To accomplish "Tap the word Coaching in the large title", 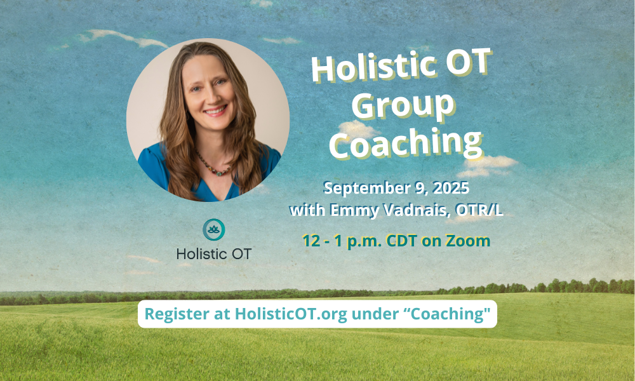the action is point(406,143).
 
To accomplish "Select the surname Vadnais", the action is point(418,210).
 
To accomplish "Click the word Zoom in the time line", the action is point(468,241).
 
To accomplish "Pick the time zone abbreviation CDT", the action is point(401,241).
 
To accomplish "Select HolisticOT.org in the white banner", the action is point(291,314).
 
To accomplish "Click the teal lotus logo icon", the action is point(214,230).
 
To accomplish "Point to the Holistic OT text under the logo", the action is point(214,254).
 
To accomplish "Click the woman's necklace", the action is point(213,166).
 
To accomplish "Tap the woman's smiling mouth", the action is point(215,110).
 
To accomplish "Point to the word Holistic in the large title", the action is point(373,67).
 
